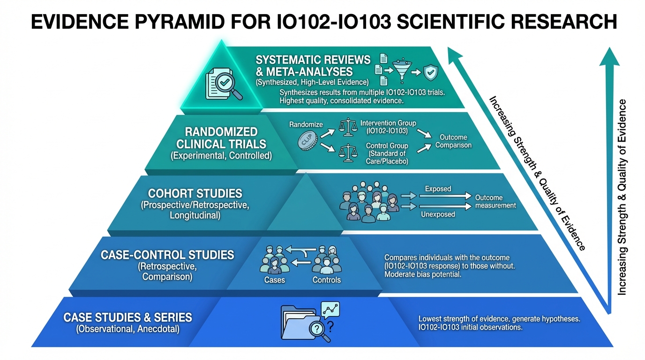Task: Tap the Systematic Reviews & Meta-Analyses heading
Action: click(313, 66)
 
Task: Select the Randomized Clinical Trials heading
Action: click(222, 138)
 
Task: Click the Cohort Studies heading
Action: click(195, 193)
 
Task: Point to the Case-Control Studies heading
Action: click(167, 255)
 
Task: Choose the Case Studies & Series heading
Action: click(128, 317)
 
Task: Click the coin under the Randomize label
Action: click(308, 141)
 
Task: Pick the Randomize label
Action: click(306, 125)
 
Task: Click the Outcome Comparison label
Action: click(453, 141)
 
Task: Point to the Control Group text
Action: click(387, 146)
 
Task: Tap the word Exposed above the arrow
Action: click(438, 189)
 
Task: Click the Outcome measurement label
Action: click(495, 202)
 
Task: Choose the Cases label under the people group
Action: click(274, 280)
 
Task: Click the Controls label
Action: click(327, 280)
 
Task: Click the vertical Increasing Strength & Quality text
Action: click(622, 197)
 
